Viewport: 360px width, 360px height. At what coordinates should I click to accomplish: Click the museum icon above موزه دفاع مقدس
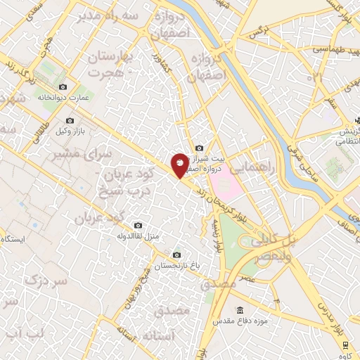pos(240,310)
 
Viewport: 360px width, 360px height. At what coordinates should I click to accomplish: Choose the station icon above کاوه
pos(346,345)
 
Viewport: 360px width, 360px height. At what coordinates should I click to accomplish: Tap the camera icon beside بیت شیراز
pos(200,148)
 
